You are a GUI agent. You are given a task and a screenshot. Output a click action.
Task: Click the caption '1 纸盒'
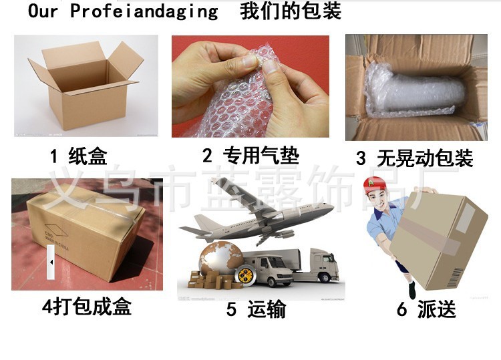pyautogui.click(x=79, y=157)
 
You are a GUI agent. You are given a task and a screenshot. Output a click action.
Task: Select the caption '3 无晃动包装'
pyautogui.click(x=414, y=158)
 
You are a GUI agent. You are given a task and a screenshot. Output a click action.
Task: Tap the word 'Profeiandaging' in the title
pyautogui.click(x=144, y=12)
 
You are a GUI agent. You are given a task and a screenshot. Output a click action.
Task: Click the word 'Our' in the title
pyautogui.click(x=43, y=12)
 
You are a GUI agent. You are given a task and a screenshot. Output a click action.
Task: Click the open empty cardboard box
pyautogui.click(x=83, y=83)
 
